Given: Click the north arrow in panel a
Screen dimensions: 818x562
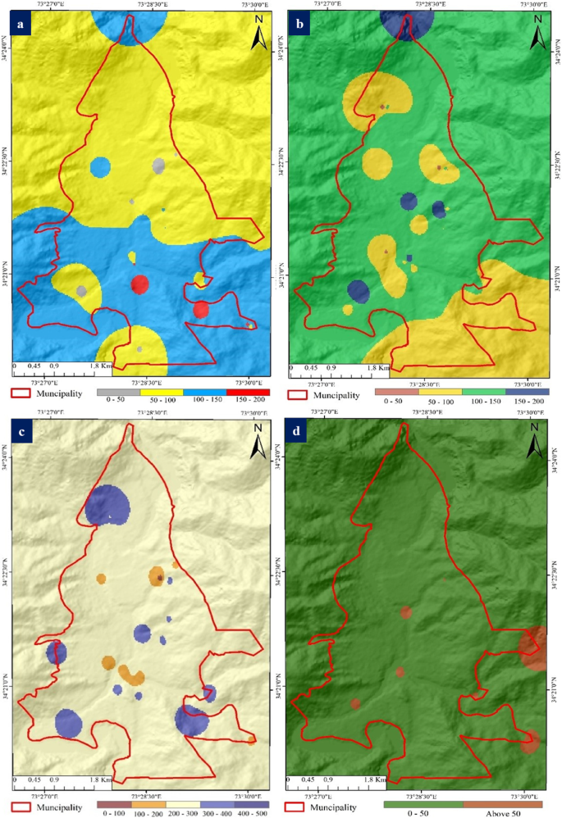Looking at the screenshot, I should click(x=257, y=36).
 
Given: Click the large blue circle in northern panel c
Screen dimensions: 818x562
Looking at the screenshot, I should click(x=107, y=503).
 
